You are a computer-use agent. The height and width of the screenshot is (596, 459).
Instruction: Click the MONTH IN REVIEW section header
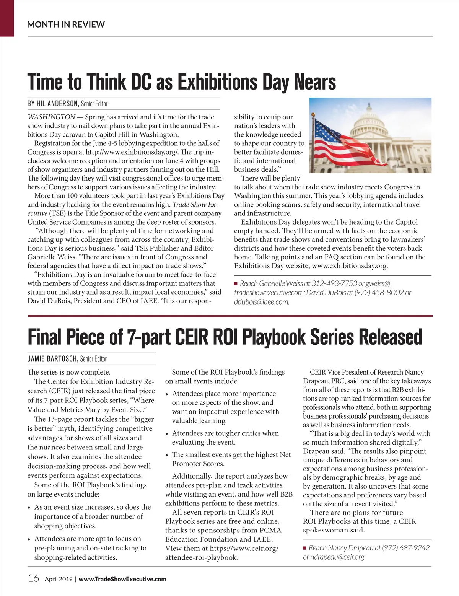pyautogui.click(x=66, y=24)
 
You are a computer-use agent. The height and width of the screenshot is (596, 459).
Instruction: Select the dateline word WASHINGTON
pyautogui.click(x=51, y=117)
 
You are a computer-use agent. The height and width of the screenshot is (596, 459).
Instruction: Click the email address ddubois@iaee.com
pyautogui.click(x=262, y=301)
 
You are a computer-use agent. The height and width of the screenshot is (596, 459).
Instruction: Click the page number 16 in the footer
pyautogui.click(x=34, y=578)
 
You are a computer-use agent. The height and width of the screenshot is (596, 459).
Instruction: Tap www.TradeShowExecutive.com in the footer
pyautogui.click(x=122, y=579)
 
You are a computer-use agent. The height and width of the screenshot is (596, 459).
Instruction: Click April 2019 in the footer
pyautogui.click(x=59, y=579)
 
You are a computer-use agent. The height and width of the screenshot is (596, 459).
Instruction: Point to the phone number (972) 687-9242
pyautogui.click(x=406, y=548)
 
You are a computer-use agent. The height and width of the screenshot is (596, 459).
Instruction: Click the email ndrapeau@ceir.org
pyautogui.click(x=334, y=557)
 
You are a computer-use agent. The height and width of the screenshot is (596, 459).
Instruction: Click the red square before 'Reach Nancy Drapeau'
pyautogui.click(x=305, y=548)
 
